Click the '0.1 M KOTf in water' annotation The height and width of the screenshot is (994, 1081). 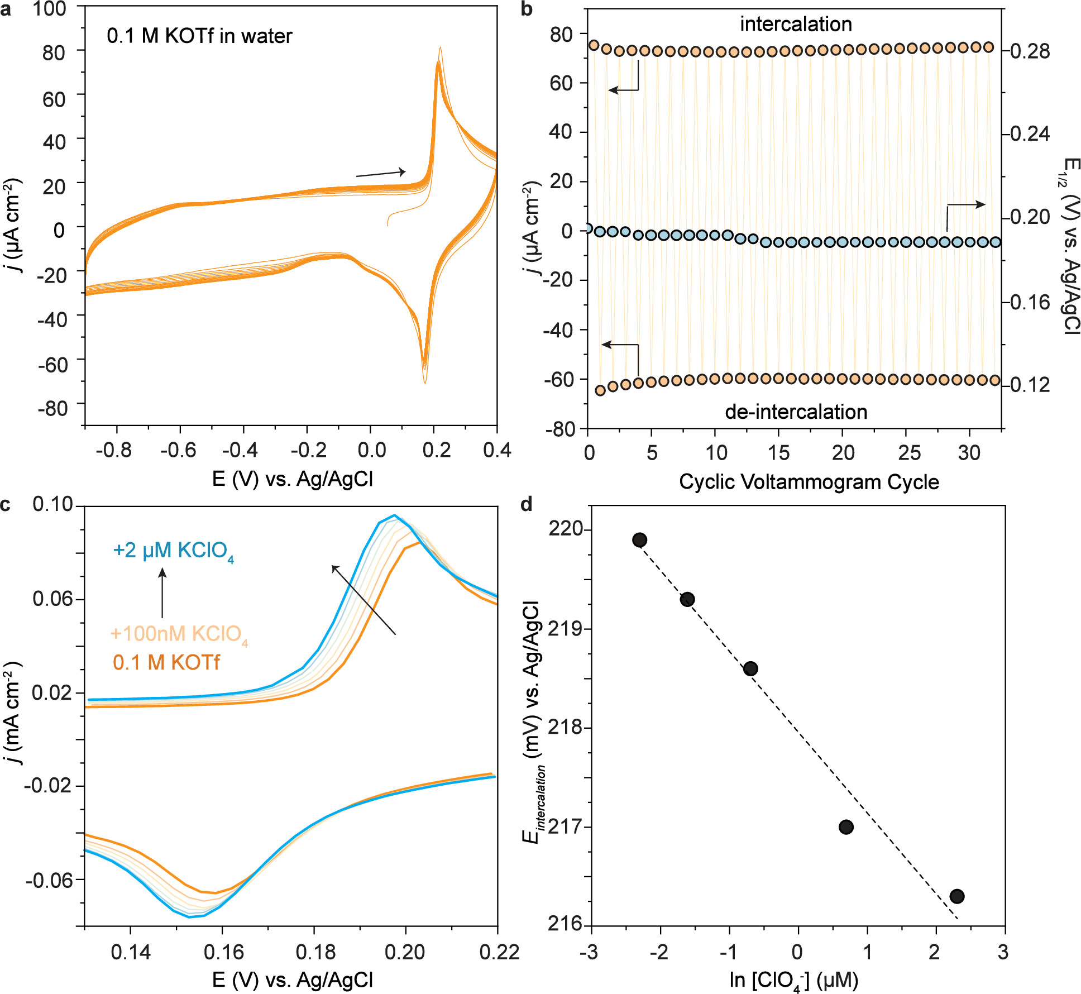pyautogui.click(x=199, y=36)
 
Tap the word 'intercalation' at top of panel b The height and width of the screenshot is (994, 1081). pyautogui.click(x=796, y=25)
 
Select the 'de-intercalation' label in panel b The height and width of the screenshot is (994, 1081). pyautogui.click(x=796, y=412)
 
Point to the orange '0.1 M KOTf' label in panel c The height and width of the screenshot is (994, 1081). pyautogui.click(x=166, y=663)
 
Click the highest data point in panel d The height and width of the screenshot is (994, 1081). pyautogui.click(x=639, y=540)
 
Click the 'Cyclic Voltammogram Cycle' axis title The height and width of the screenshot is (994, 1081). pyautogui.click(x=809, y=482)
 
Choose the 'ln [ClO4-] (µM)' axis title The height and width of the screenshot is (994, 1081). pyautogui.click(x=793, y=981)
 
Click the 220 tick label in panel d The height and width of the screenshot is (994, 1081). pyautogui.click(x=566, y=529)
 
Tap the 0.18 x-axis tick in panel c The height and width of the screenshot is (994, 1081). pyautogui.click(x=315, y=952)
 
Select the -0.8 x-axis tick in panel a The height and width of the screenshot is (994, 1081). pyautogui.click(x=114, y=450)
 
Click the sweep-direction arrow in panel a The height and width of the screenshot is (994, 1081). pyautogui.click(x=381, y=173)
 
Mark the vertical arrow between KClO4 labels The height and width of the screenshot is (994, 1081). pyautogui.click(x=162, y=593)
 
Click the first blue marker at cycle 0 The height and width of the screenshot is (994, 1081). pyautogui.click(x=587, y=228)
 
